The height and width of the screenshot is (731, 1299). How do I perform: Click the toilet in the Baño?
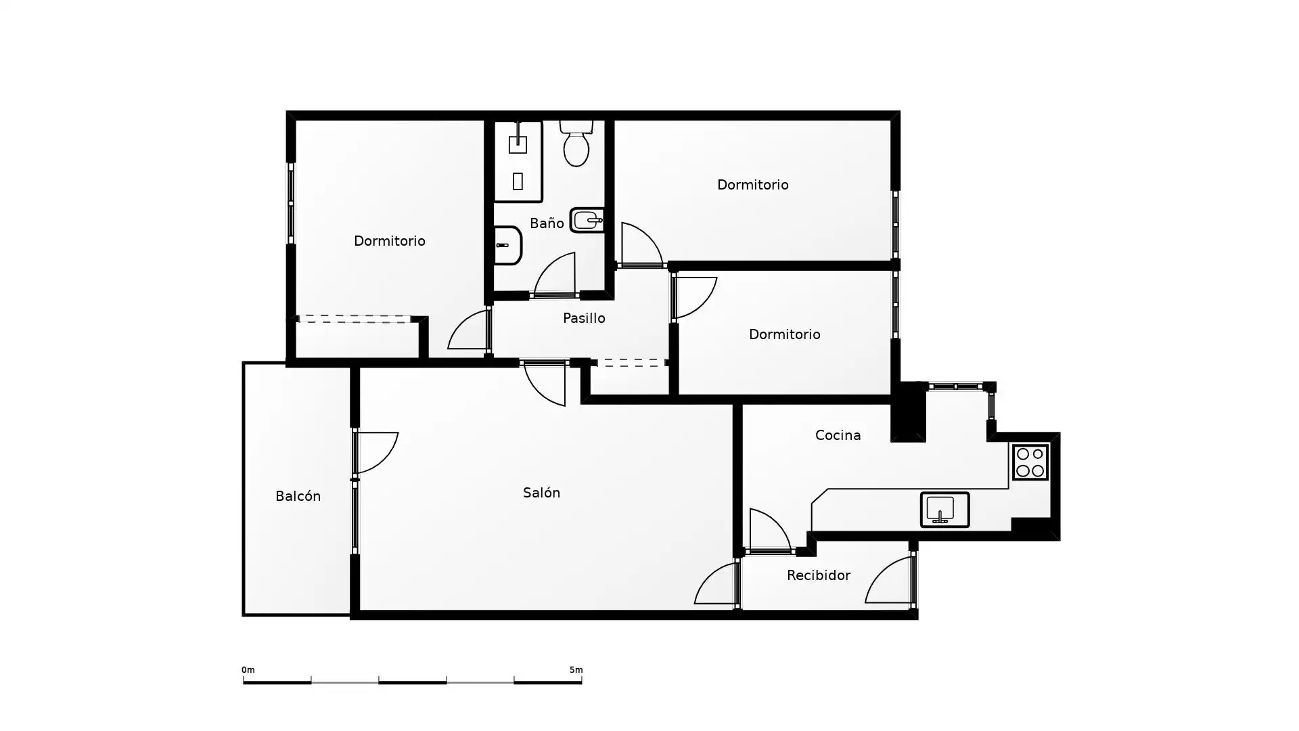576,143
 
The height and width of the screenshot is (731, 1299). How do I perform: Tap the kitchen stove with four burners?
1030,462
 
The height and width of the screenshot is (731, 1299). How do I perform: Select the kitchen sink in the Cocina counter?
944,509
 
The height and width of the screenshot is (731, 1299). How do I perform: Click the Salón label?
541,493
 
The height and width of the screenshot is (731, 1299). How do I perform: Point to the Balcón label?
298,496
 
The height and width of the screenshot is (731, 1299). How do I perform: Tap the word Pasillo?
584,318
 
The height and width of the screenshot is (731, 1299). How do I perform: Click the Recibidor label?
818,575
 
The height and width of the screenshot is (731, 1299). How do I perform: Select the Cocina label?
838,435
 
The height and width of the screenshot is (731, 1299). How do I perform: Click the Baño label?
547,223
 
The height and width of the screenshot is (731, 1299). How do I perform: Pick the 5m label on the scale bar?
576,670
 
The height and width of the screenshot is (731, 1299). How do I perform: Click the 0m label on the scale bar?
248,670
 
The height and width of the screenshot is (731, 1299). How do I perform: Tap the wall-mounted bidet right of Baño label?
587,220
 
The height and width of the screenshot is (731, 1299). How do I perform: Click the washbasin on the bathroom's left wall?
507,245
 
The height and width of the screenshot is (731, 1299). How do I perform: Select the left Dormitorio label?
389,241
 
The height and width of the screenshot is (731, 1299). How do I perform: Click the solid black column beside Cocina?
909,413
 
